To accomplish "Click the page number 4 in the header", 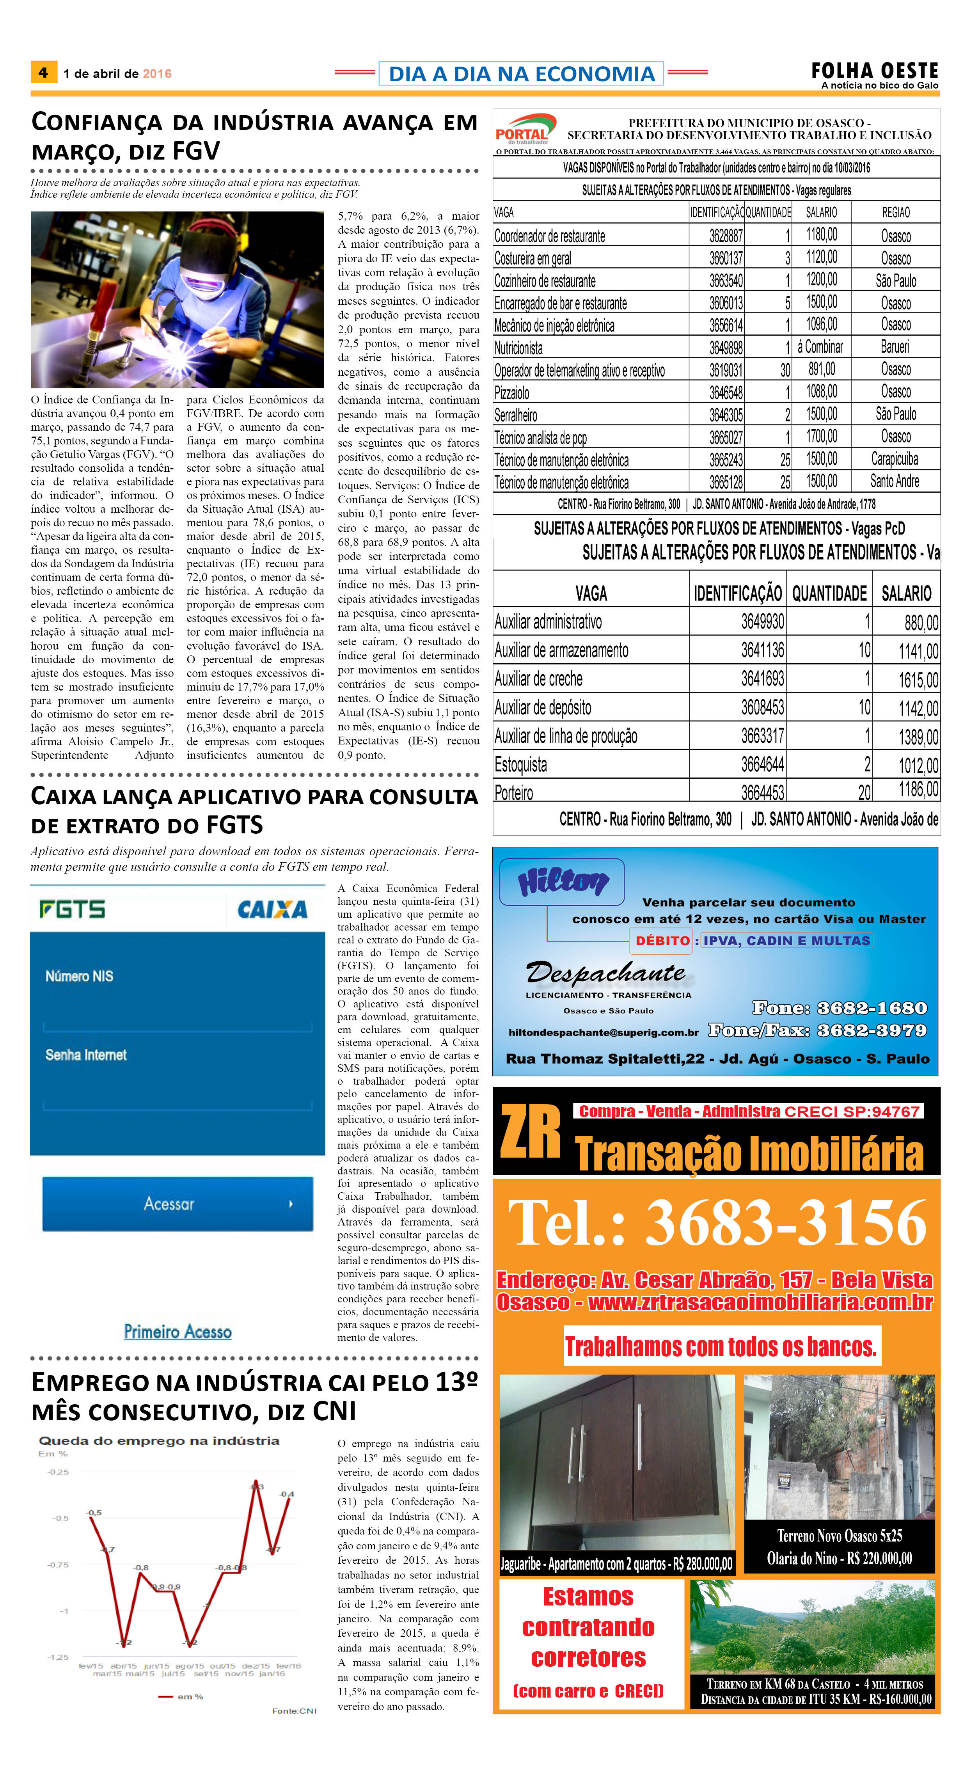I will [43, 73].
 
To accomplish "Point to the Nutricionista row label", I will [518, 348].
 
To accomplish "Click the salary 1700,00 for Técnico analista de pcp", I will [822, 437].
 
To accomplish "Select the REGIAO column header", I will [895, 212].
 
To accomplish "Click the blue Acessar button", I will [177, 1204].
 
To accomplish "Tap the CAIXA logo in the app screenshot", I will [272, 910].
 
